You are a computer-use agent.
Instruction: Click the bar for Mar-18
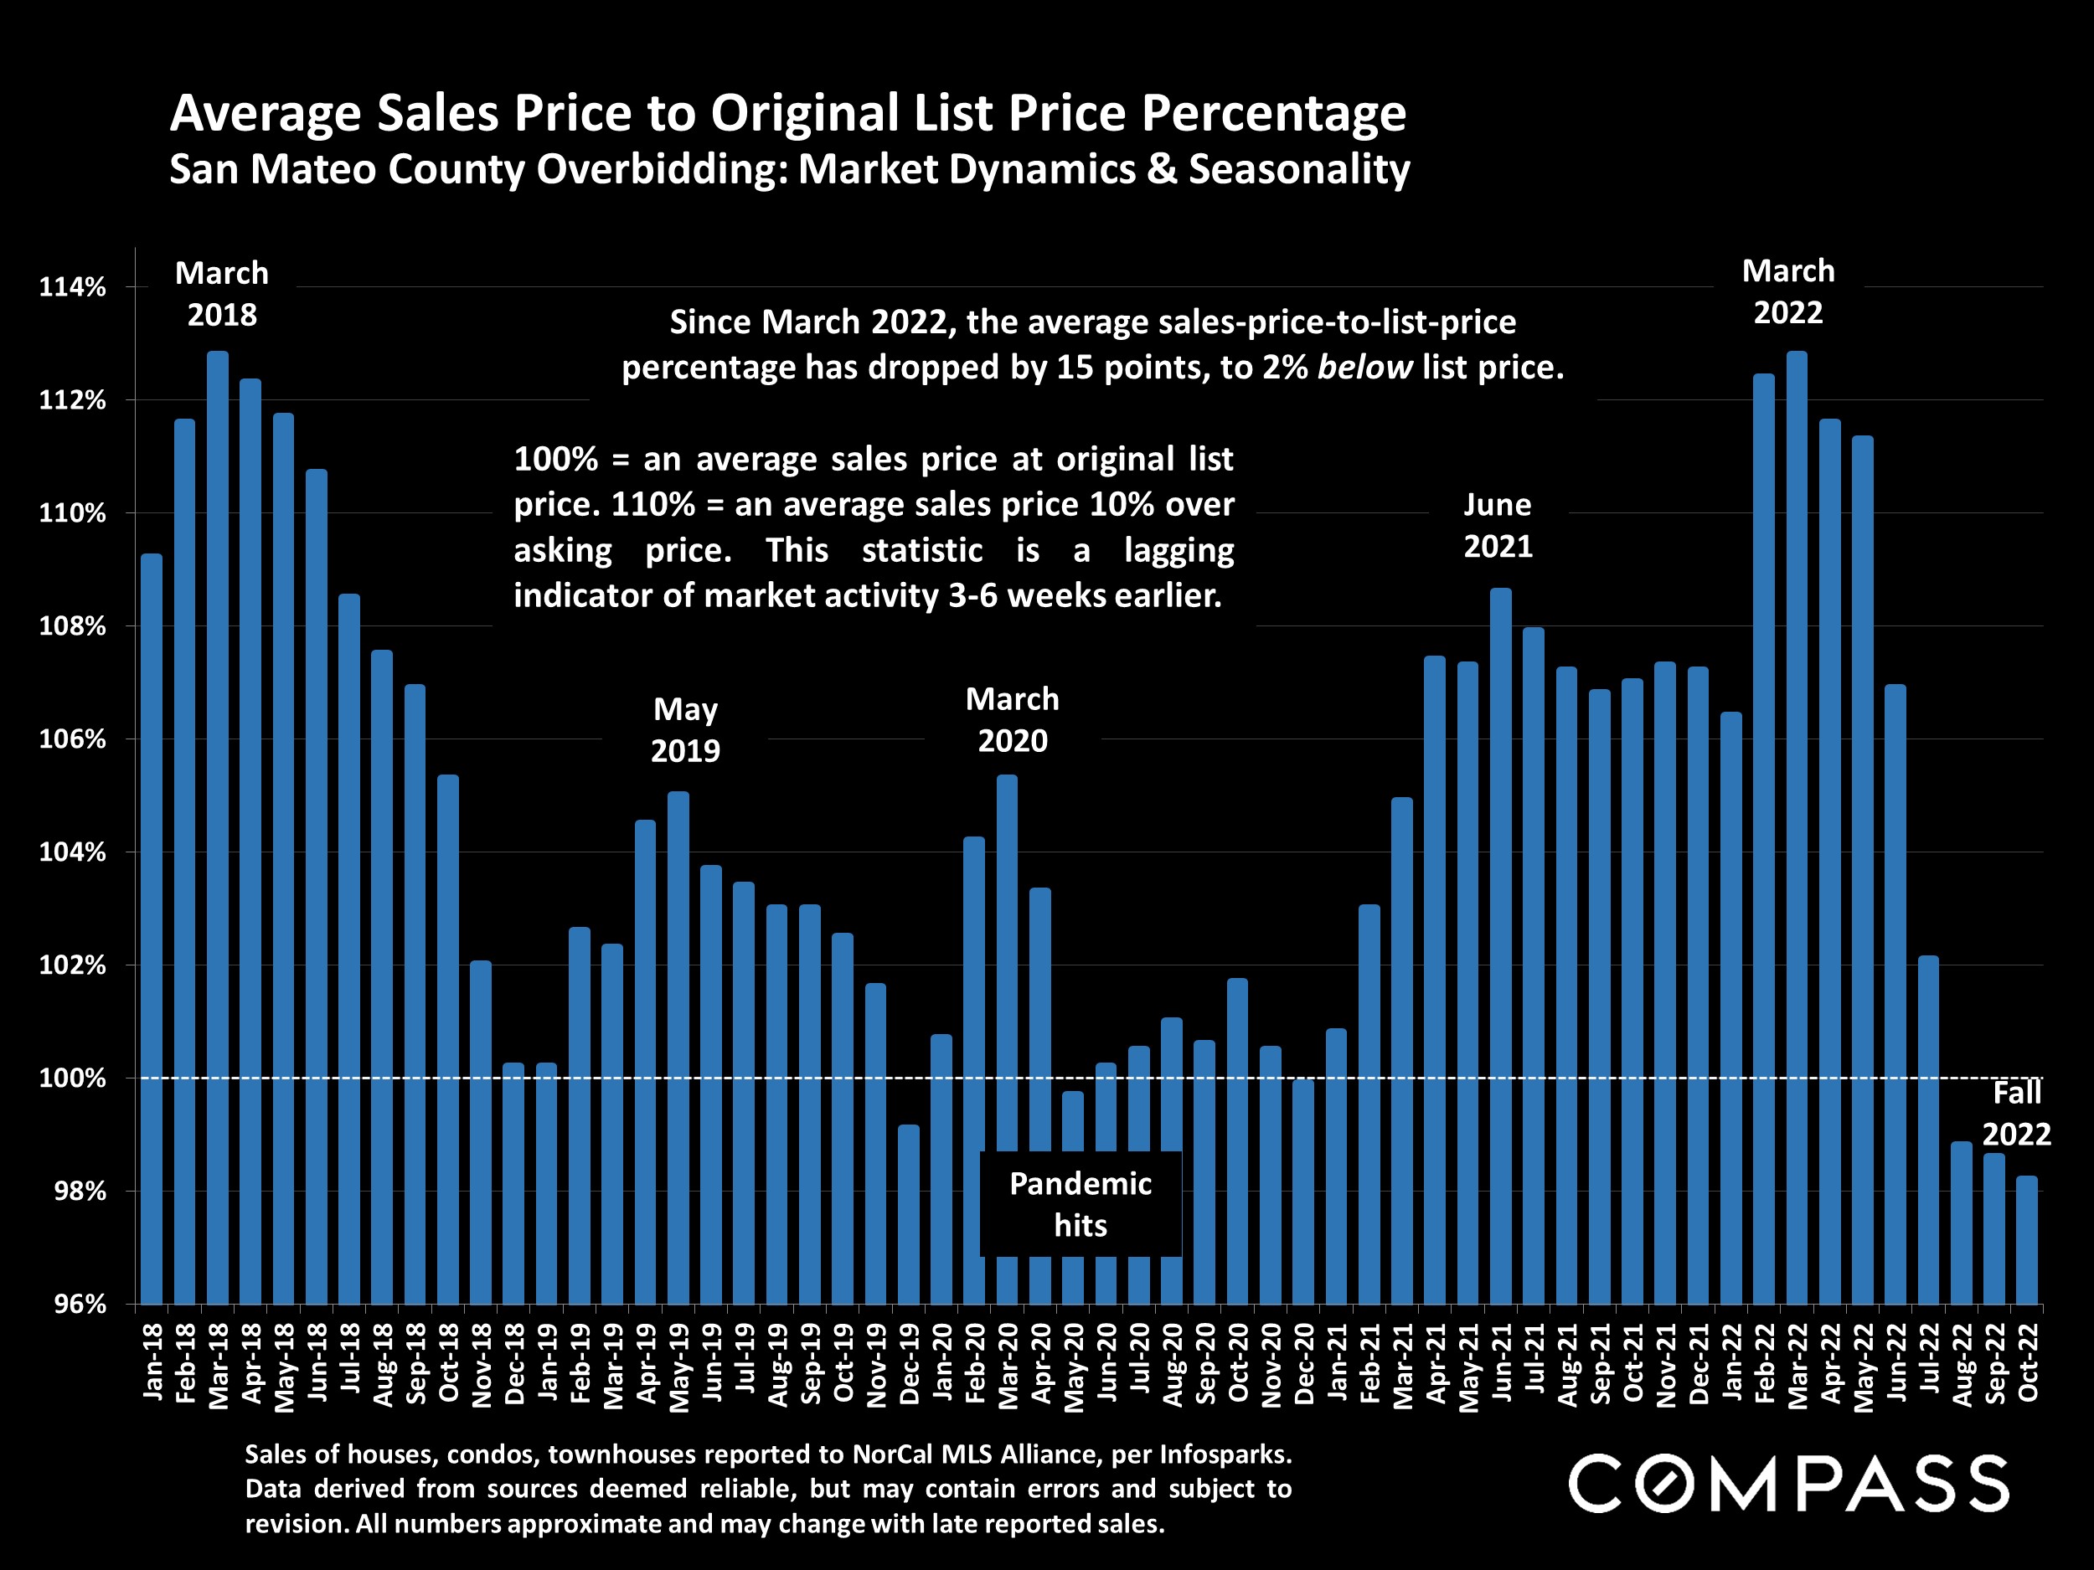(218, 828)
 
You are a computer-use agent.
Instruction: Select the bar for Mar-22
(1796, 828)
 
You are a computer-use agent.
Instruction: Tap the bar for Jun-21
(1500, 946)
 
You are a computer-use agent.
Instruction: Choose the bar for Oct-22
(2027, 1240)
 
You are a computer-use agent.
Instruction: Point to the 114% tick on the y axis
(72, 286)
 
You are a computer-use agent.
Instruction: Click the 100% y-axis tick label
(72, 1078)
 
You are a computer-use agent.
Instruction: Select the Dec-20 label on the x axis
(1303, 1362)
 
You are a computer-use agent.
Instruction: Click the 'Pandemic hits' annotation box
(1081, 1204)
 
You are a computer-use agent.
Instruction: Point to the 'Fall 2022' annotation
(2016, 1113)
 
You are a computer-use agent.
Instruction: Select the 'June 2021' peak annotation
(1498, 525)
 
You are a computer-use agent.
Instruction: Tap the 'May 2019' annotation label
(685, 729)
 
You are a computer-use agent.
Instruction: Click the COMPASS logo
(1788, 1484)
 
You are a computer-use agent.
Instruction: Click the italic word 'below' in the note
(1364, 368)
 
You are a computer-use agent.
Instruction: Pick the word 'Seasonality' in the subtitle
(1299, 169)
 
